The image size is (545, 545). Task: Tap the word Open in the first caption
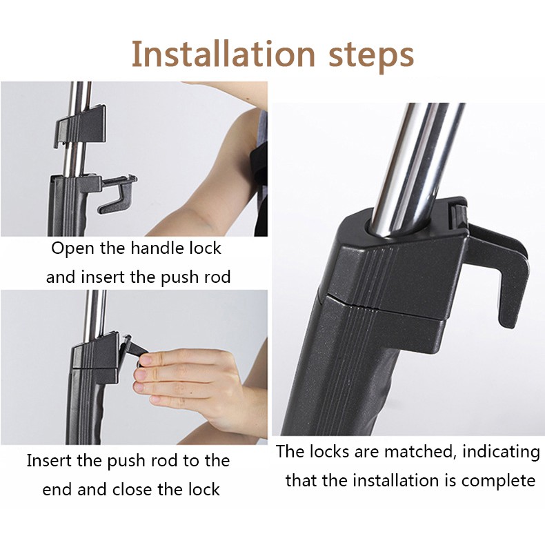click(x=72, y=248)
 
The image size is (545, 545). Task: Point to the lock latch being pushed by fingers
click(x=130, y=348)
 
